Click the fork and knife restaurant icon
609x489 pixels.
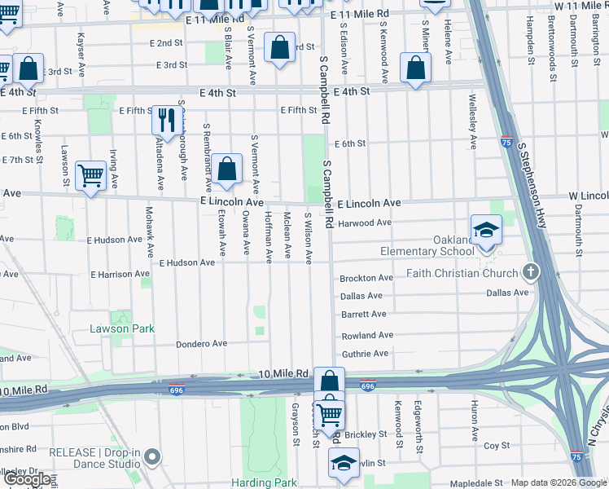click(x=164, y=121)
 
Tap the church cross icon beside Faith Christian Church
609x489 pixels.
click(x=530, y=271)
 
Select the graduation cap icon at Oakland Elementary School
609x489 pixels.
click(x=486, y=231)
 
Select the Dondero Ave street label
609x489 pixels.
click(x=202, y=344)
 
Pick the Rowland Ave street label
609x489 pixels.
click(x=366, y=335)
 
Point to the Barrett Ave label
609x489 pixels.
click(x=363, y=315)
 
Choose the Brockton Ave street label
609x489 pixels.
click(x=366, y=278)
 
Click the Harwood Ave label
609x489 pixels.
click(x=365, y=222)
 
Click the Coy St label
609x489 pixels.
click(x=496, y=446)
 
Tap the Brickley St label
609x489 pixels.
click(x=373, y=435)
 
